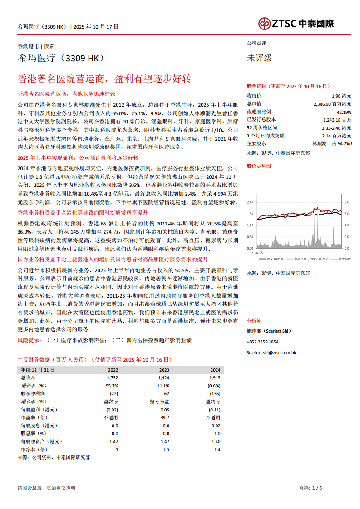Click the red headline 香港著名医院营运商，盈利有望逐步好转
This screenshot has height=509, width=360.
104,78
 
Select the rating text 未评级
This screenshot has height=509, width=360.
259,58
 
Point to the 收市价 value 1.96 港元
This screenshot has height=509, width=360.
341,96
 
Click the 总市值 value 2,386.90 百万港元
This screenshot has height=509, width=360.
332,104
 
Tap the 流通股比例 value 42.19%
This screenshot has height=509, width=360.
344,112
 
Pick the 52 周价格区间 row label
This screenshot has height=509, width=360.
261,127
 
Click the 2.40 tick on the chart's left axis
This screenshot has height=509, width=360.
250,202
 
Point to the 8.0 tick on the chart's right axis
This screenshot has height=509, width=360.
347,202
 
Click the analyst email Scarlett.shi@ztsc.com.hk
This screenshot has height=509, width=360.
271,352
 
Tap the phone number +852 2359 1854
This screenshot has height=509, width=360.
262,342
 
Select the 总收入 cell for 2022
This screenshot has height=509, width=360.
112,377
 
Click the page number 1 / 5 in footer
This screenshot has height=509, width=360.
317,488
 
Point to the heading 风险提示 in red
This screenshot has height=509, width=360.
29,340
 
